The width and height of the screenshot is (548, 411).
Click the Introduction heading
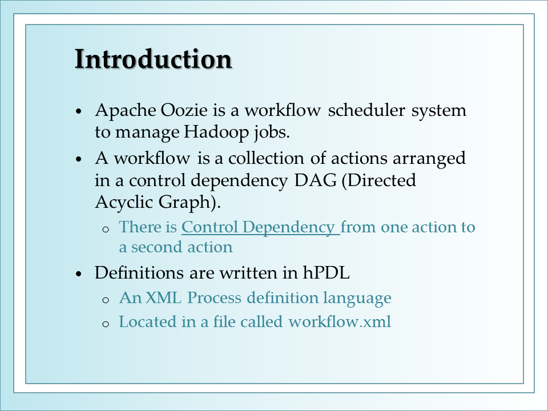click(x=154, y=59)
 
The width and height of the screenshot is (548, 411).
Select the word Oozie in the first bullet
click(x=184, y=110)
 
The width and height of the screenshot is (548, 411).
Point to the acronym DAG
click(x=316, y=180)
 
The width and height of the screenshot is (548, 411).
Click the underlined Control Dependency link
click(x=261, y=227)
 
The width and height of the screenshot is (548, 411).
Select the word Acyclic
click(x=124, y=202)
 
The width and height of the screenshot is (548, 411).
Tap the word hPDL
click(x=327, y=273)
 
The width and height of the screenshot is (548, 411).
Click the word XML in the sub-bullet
click(x=163, y=298)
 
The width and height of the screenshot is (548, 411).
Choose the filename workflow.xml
click(x=340, y=321)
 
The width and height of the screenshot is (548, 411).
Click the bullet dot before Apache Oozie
click(x=79, y=111)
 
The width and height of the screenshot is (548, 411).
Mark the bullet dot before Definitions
click(x=79, y=273)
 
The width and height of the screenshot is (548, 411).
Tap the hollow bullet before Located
click(x=106, y=324)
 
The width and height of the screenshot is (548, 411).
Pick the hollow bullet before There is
click(x=106, y=229)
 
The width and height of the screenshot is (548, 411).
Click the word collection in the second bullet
click(x=266, y=158)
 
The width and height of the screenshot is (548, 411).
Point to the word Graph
click(x=187, y=202)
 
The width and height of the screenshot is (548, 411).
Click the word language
click(x=357, y=299)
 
